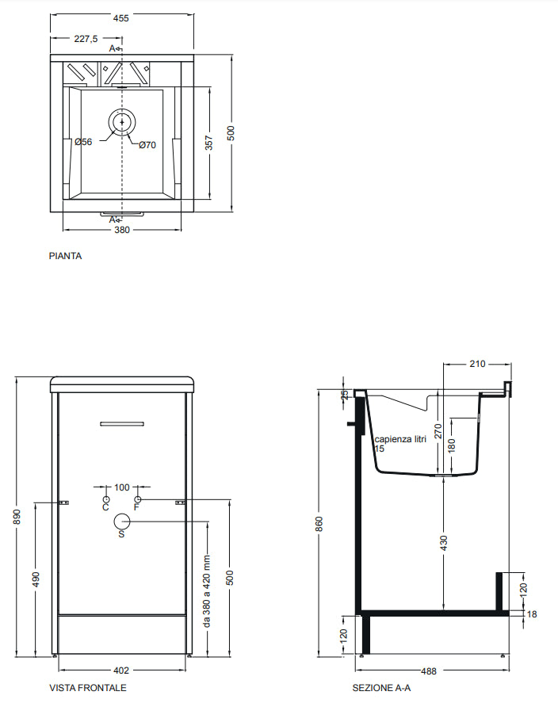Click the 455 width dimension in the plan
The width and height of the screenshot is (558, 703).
(x=121, y=18)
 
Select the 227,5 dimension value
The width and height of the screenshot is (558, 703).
(x=86, y=39)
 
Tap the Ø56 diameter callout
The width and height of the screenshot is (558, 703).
(x=83, y=142)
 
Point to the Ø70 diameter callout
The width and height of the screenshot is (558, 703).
(x=147, y=145)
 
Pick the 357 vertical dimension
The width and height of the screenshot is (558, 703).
(x=209, y=143)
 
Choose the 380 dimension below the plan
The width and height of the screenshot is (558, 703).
(x=122, y=230)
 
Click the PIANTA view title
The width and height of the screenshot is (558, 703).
(x=66, y=256)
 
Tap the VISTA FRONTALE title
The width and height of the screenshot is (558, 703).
(x=88, y=687)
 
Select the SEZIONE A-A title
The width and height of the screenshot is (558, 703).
(x=381, y=687)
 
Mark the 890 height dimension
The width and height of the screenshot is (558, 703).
(x=17, y=517)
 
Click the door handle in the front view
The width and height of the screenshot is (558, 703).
(x=122, y=424)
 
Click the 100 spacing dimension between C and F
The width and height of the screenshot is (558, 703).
(x=122, y=487)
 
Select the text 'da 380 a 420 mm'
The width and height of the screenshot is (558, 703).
(x=207, y=591)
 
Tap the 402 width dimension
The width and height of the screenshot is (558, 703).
(x=121, y=671)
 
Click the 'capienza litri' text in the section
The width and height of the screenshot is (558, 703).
(x=401, y=439)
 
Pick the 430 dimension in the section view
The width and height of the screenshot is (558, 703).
(x=444, y=543)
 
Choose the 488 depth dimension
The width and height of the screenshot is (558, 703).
(x=429, y=671)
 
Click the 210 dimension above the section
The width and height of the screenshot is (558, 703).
(x=478, y=364)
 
